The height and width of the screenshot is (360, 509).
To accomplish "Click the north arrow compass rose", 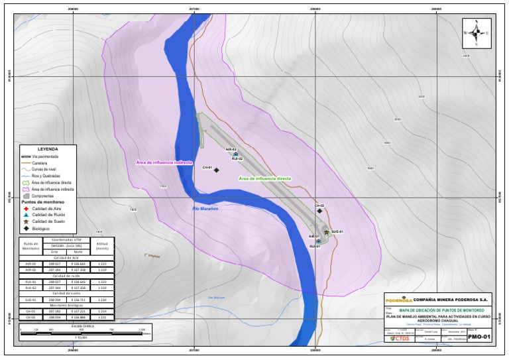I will tap(477, 33).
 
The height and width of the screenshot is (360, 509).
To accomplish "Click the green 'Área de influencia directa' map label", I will tap(264, 178).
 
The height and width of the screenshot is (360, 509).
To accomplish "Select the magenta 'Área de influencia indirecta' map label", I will tap(164, 162).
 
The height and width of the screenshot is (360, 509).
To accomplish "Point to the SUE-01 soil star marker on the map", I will tap(326, 232).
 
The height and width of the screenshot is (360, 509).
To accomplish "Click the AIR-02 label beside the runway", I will tap(231, 150).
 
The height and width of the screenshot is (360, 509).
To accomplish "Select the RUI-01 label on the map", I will tap(315, 247).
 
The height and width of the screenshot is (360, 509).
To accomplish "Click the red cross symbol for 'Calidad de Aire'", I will tap(27, 209).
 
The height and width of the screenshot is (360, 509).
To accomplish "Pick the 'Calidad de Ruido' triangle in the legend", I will tap(27, 215).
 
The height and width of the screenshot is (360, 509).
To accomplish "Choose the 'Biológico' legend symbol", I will tap(27, 228).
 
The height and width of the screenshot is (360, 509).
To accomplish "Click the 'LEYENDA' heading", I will tap(48, 149).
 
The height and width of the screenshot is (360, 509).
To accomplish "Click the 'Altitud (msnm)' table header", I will tap(102, 245).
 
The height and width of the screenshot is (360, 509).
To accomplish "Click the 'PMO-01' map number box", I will tap(479, 337).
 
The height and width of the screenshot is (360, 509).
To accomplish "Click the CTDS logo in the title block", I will tap(400, 338).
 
